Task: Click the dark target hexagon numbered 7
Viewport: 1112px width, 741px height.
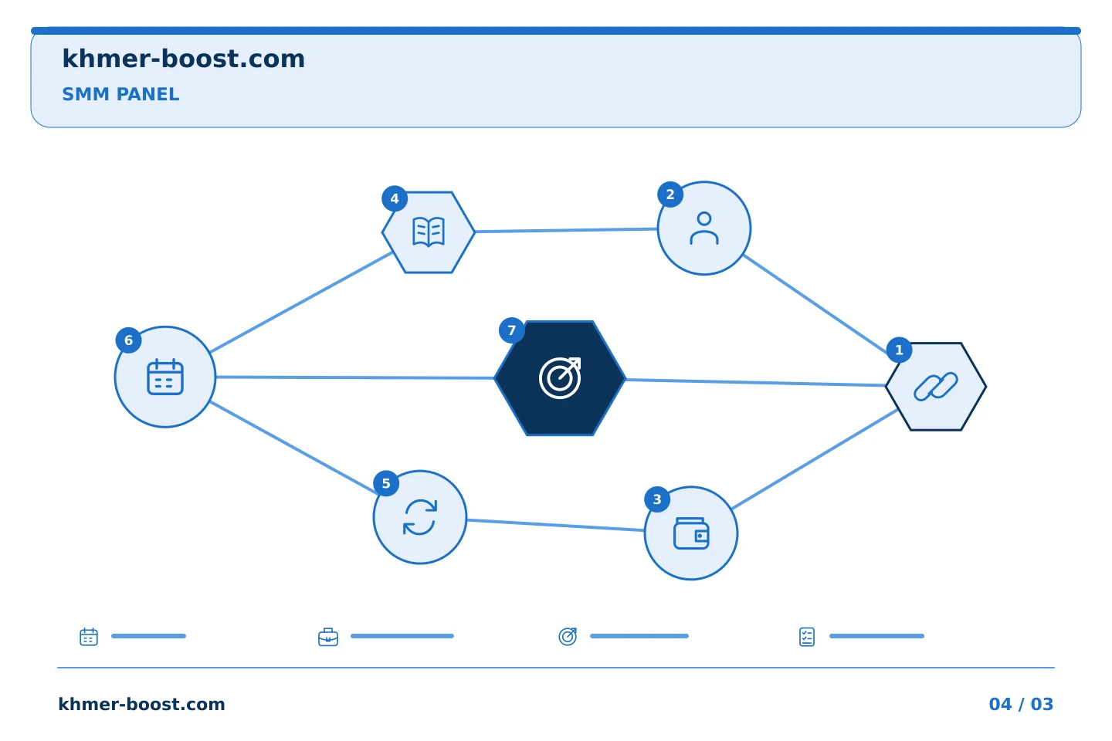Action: click(x=560, y=378)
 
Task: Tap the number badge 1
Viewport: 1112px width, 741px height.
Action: click(x=899, y=350)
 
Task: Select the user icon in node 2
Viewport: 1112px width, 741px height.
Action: click(x=704, y=228)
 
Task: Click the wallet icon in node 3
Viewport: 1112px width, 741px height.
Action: click(x=691, y=533)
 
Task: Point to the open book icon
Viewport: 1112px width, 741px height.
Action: click(x=429, y=232)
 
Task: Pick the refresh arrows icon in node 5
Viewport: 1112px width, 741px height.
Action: click(x=420, y=517)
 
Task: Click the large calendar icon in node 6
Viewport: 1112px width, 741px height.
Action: click(x=165, y=377)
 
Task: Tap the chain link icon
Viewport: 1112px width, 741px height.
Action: click(x=936, y=386)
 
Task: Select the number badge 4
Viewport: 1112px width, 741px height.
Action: click(x=395, y=199)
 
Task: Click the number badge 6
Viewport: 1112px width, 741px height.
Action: click(x=128, y=340)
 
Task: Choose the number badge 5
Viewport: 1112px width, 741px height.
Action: click(x=386, y=483)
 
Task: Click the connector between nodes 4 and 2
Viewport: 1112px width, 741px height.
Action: click(x=566, y=230)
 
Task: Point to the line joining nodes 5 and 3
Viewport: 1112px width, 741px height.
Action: click(x=555, y=525)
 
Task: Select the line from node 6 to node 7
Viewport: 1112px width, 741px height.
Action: click(x=355, y=377)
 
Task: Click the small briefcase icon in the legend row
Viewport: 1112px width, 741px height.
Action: click(x=328, y=637)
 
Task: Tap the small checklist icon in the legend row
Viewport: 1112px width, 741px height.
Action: click(x=807, y=637)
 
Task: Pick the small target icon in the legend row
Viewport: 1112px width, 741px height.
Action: click(x=568, y=636)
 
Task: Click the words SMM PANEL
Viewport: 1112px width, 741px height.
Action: click(x=120, y=94)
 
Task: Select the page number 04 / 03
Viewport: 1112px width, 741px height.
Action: click(x=1021, y=704)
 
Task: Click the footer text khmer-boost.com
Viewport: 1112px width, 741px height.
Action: click(x=141, y=704)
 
